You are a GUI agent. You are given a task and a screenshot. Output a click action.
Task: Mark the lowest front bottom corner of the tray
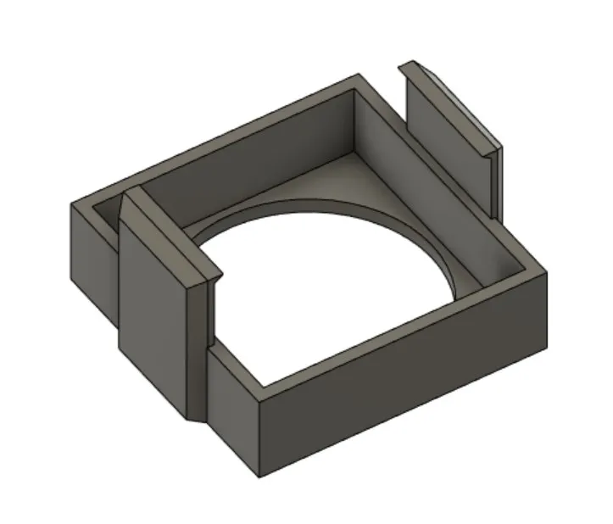pyautogui.click(x=259, y=471)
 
